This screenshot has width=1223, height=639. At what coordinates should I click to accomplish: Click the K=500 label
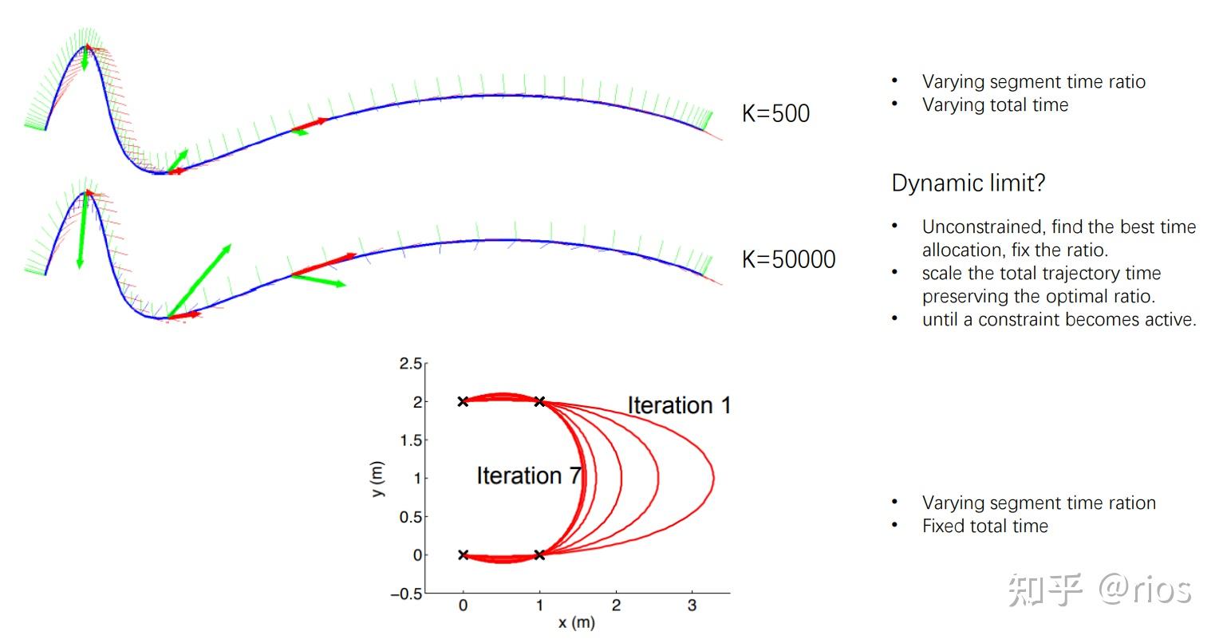[775, 113]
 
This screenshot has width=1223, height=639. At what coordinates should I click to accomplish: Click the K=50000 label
[788, 259]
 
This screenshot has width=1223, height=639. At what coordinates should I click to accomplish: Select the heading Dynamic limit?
[968, 183]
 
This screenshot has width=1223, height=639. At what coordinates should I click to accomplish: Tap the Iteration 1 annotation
[679, 405]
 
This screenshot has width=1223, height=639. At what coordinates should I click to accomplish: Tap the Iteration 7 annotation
[528, 475]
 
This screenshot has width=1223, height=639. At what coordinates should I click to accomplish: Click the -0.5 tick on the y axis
[406, 594]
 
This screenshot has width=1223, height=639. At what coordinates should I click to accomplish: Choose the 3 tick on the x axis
[692, 606]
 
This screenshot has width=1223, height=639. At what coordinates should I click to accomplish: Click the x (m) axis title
[576, 622]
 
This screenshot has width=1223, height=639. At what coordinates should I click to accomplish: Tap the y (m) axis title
[378, 479]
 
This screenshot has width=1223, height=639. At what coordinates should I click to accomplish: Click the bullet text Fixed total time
[984, 526]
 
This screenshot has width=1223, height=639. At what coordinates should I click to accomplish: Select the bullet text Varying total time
[995, 105]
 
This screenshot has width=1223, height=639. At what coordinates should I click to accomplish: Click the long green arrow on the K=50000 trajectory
[199, 281]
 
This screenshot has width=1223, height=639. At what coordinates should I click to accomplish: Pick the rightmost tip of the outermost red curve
[712, 479]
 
